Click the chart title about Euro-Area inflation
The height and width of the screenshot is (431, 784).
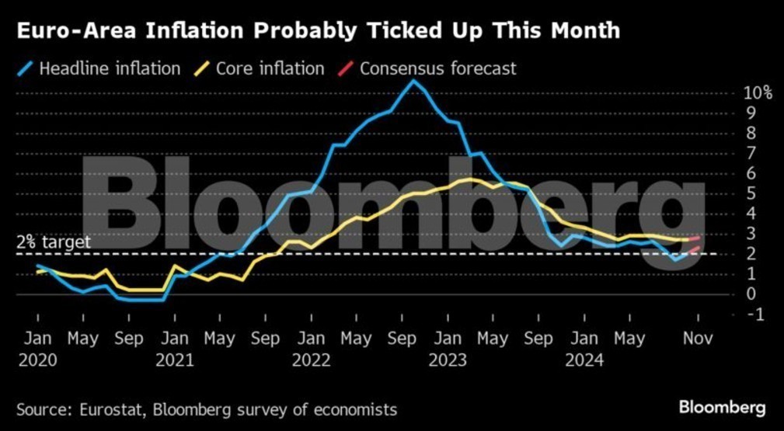coord(319,31)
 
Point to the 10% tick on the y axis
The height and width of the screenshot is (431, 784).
coord(757,93)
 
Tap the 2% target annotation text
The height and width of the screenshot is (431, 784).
coord(53,242)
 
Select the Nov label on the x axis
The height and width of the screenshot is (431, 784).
coord(697,339)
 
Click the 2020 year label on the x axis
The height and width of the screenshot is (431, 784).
coord(37,360)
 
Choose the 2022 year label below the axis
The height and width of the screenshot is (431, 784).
coord(311,360)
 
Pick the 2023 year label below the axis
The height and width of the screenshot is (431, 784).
coord(447,360)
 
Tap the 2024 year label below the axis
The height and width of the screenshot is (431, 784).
coord(584,360)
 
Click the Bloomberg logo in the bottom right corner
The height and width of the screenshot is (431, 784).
coord(722,408)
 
